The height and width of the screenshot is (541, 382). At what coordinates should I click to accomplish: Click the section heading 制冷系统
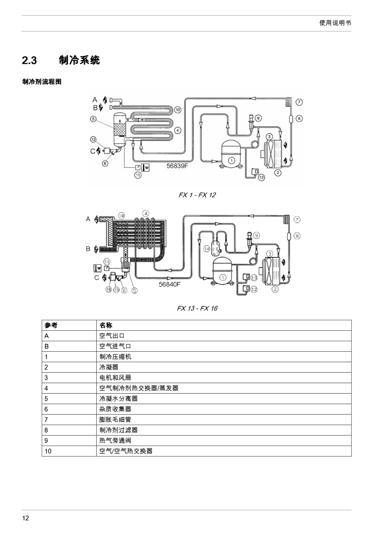tap(79, 60)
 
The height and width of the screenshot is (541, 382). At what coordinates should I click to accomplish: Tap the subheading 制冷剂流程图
tap(42, 81)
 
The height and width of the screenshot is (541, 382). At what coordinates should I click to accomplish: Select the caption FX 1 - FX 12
tap(197, 195)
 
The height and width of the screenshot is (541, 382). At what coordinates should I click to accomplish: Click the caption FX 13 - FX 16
tap(197, 308)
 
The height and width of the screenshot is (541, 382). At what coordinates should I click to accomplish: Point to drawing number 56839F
tap(177, 166)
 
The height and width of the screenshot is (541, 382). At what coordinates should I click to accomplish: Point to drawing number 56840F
tap(169, 284)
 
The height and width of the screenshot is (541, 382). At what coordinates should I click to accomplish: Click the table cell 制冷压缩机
tap(115, 357)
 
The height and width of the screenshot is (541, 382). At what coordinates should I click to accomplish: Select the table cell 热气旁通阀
tap(115, 441)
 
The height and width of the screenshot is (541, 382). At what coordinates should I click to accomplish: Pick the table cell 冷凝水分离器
tap(118, 399)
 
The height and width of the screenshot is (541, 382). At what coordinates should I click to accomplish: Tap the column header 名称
tap(106, 325)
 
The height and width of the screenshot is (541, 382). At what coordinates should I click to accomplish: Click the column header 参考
tap(51, 325)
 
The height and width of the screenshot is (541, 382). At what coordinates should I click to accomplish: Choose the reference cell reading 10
tap(48, 451)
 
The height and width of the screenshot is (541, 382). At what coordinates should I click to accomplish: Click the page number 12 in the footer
tap(26, 518)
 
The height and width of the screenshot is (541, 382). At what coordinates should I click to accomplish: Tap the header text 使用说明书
tap(335, 23)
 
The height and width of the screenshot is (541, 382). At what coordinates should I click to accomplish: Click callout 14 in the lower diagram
tap(207, 249)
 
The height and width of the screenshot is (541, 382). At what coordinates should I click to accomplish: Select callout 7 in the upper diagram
tap(299, 102)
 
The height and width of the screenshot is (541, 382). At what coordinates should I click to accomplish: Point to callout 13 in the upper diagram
tap(93, 139)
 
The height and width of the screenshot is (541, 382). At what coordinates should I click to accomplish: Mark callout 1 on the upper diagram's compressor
tap(232, 160)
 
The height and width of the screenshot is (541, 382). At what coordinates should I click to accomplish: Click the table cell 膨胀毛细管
tap(115, 420)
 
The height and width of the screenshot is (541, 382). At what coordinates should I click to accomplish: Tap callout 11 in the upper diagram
tap(138, 175)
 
